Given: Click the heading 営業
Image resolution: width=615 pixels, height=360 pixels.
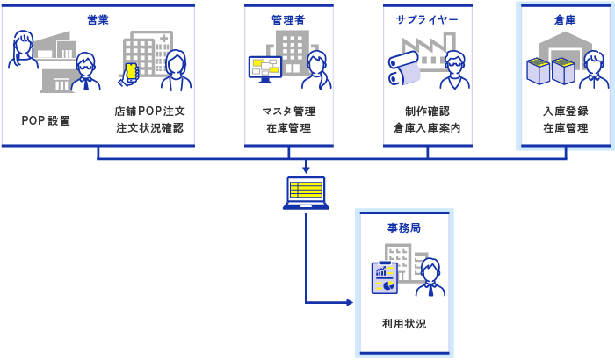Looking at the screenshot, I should pos(98,18).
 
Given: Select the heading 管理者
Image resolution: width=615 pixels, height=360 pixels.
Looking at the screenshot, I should pos(289,18).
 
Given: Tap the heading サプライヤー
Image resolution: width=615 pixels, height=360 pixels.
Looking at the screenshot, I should pos(427,18).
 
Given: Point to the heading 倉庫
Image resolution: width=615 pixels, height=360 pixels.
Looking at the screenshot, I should pos(566,18).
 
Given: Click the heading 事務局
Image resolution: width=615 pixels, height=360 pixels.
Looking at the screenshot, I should pos(403,227).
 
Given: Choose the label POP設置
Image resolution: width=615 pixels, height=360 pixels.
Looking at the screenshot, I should pos(47,119).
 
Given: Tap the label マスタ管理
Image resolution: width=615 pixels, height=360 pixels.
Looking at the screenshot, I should pos(289,112).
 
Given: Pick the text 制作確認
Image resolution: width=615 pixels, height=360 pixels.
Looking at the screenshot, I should pos(427,112).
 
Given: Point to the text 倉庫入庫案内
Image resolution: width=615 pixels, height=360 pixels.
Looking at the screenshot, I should pos(427,128).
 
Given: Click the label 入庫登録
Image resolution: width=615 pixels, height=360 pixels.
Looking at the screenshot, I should pos(566,112).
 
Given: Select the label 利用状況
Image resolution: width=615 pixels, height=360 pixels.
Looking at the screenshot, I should pos(403,324).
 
